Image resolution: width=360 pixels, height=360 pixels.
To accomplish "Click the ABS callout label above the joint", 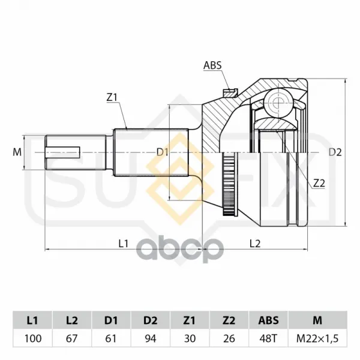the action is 212,65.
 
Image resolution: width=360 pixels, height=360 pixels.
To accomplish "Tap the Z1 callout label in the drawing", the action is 112,98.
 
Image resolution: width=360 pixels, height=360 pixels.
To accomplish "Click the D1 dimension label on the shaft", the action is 163,152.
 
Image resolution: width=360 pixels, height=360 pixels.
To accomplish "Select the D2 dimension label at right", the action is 335,152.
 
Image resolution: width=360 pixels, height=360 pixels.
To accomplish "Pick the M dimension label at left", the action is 17,152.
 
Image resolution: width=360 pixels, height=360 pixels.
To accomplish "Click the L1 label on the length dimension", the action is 123,244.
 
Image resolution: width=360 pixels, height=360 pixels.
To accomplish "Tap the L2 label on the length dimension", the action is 255,244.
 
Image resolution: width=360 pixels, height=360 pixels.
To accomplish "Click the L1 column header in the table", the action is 32,320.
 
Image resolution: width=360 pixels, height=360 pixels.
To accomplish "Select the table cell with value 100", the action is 32,338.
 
